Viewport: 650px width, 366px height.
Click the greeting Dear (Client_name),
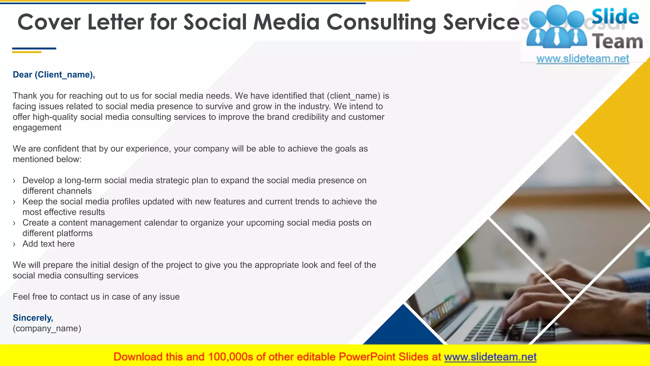click(54, 75)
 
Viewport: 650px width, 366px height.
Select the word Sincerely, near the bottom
click(33, 318)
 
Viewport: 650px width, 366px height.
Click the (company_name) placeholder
click(47, 329)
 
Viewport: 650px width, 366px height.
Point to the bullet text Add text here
click(49, 244)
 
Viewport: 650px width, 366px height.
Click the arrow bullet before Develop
click(14, 181)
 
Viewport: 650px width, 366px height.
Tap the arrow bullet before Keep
click(14, 202)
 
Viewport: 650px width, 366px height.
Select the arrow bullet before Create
click(14, 223)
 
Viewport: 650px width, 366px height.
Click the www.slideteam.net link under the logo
click(583, 59)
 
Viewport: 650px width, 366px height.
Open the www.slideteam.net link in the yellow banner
click(490, 357)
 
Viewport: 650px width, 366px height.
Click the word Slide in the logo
click(615, 17)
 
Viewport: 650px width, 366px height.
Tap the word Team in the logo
click(617, 42)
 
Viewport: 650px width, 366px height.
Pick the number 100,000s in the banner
click(230, 357)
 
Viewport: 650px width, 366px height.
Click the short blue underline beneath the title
click(34, 49)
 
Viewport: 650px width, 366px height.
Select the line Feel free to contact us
click(96, 297)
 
